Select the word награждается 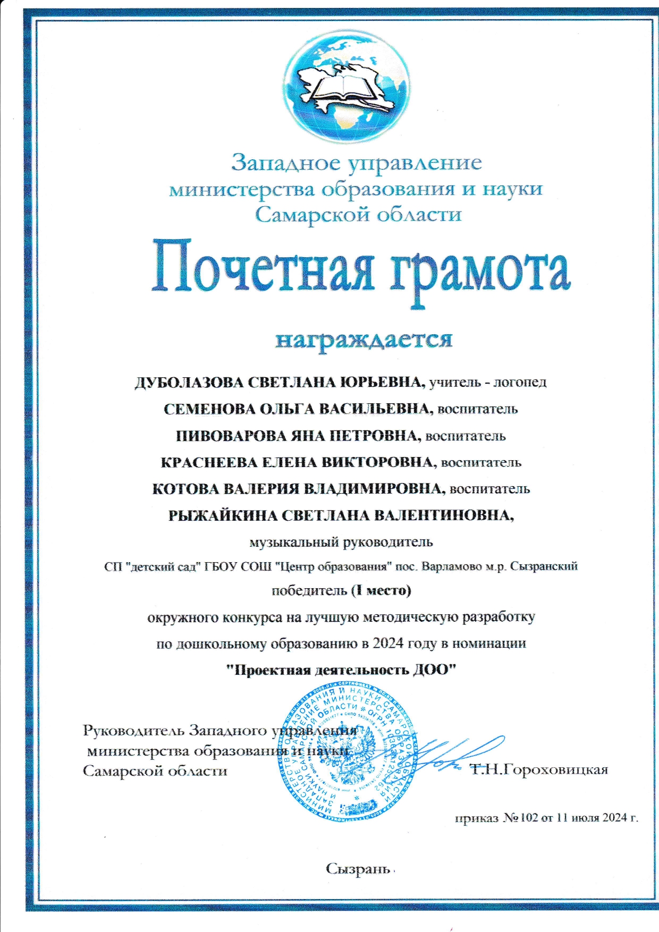pos(364,339)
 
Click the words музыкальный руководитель pos(341,543)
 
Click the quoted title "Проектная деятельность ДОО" pos(341,670)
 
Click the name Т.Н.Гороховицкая pos(539,769)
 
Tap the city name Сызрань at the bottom pos(358,869)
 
